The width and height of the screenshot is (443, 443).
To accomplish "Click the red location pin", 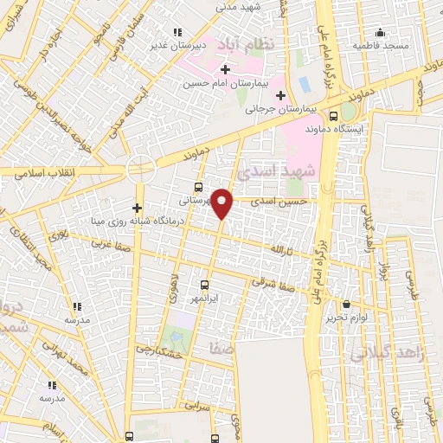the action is click(x=222, y=203).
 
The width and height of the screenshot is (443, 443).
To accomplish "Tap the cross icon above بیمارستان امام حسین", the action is click(x=225, y=69).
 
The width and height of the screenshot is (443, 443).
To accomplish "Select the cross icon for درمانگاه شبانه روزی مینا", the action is click(x=137, y=208).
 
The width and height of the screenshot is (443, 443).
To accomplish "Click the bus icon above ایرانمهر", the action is click(x=205, y=285).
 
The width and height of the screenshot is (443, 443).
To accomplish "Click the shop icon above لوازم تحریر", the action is click(x=347, y=305).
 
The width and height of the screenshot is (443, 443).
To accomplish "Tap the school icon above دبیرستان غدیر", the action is click(x=177, y=33).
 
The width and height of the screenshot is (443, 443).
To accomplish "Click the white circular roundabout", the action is click(x=140, y=169).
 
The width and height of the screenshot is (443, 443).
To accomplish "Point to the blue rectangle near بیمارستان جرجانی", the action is click(x=304, y=87).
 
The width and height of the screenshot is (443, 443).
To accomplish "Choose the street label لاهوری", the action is click(x=175, y=260).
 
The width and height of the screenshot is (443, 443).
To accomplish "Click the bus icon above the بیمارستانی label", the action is click(x=200, y=187).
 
